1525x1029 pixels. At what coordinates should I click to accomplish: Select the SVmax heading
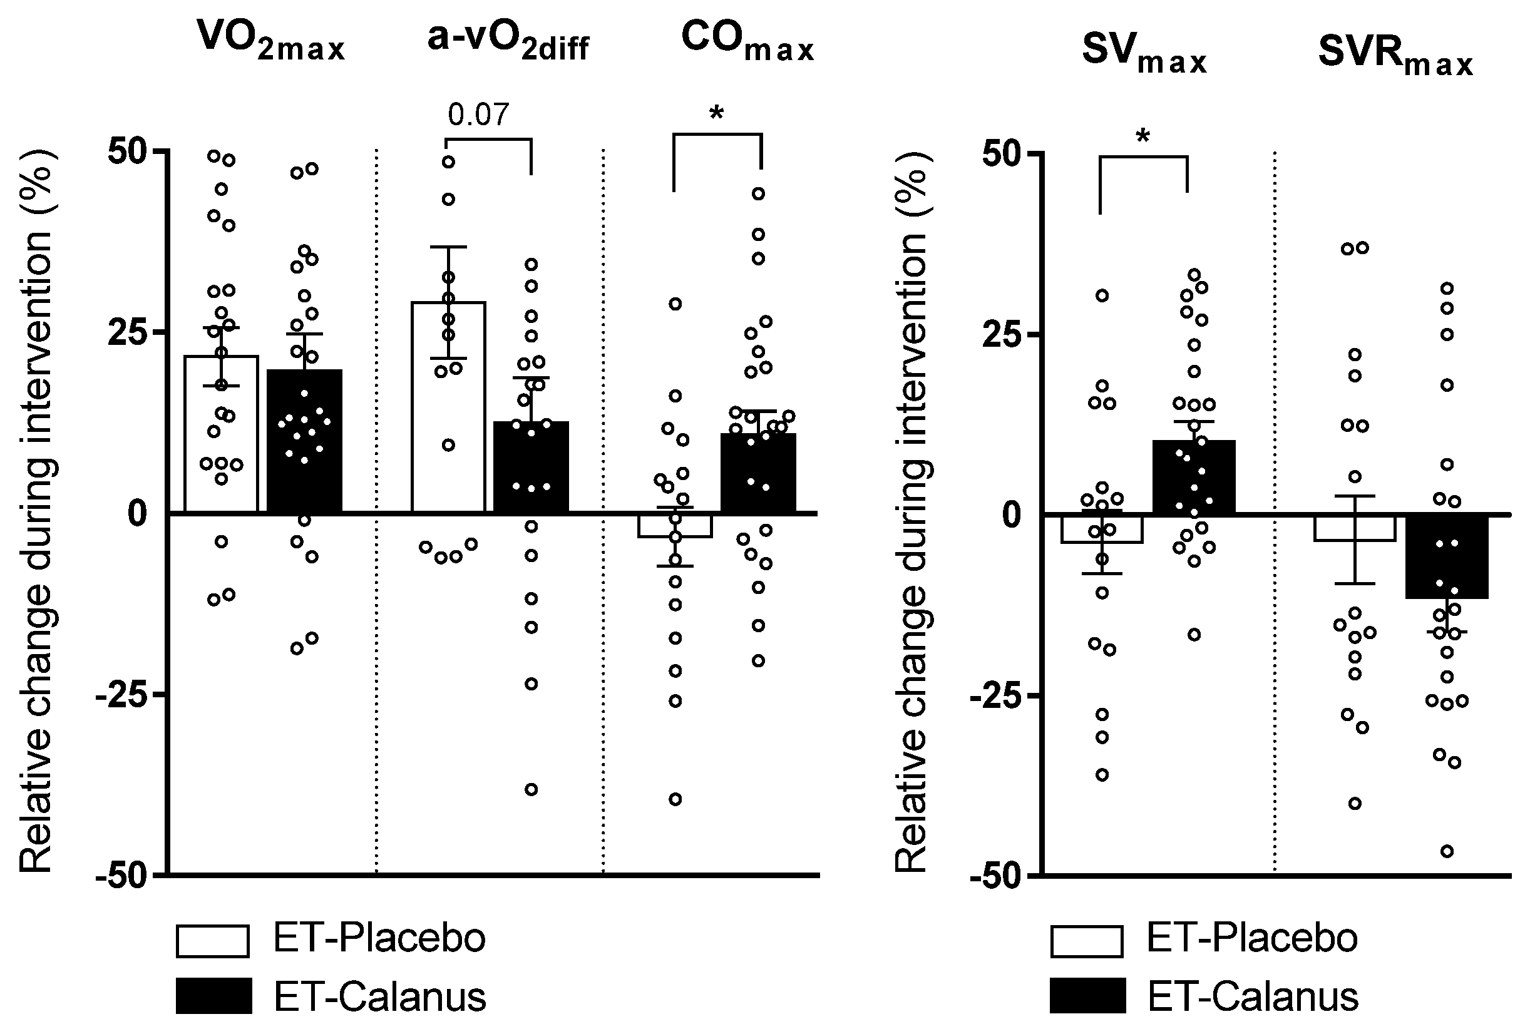[x=1144, y=55]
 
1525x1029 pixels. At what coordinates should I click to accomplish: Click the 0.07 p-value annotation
[x=478, y=115]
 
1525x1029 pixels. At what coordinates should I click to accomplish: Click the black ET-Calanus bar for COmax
[x=758, y=473]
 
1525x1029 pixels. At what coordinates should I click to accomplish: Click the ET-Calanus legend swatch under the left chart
[x=213, y=996]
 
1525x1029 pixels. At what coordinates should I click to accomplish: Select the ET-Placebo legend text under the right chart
[x=1251, y=938]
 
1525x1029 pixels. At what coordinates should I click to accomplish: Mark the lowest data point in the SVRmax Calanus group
[x=1446, y=851]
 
